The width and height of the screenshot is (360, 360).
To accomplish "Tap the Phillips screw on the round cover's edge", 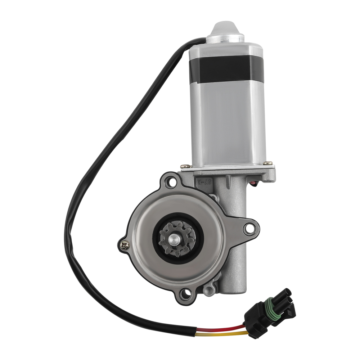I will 124,245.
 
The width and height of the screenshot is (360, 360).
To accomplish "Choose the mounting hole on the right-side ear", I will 248,228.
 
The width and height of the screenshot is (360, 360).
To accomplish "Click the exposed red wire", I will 223,328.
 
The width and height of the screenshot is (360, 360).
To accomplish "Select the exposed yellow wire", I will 223,334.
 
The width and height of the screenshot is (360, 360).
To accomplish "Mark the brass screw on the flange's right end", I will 267,163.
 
